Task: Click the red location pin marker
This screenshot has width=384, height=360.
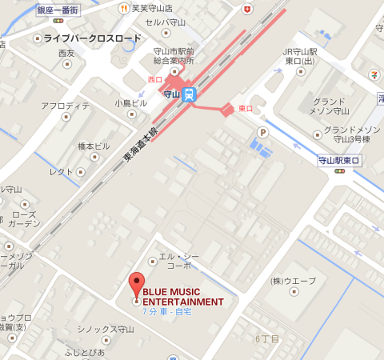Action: (136, 285)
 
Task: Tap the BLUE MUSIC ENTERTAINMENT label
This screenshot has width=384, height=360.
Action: (182, 297)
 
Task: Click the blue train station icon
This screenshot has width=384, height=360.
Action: (189, 94)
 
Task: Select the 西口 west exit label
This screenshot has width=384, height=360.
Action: (154, 80)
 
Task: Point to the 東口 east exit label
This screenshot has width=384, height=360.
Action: (246, 108)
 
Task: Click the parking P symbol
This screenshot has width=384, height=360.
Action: (262, 132)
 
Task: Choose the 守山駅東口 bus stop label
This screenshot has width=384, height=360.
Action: (339, 161)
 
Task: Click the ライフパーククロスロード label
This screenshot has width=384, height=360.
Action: (91, 38)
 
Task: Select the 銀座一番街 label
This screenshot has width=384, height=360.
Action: (59, 10)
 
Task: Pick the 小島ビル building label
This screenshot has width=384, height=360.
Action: (131, 103)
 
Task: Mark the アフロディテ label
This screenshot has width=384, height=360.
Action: (66, 106)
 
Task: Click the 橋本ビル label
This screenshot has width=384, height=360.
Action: (93, 146)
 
